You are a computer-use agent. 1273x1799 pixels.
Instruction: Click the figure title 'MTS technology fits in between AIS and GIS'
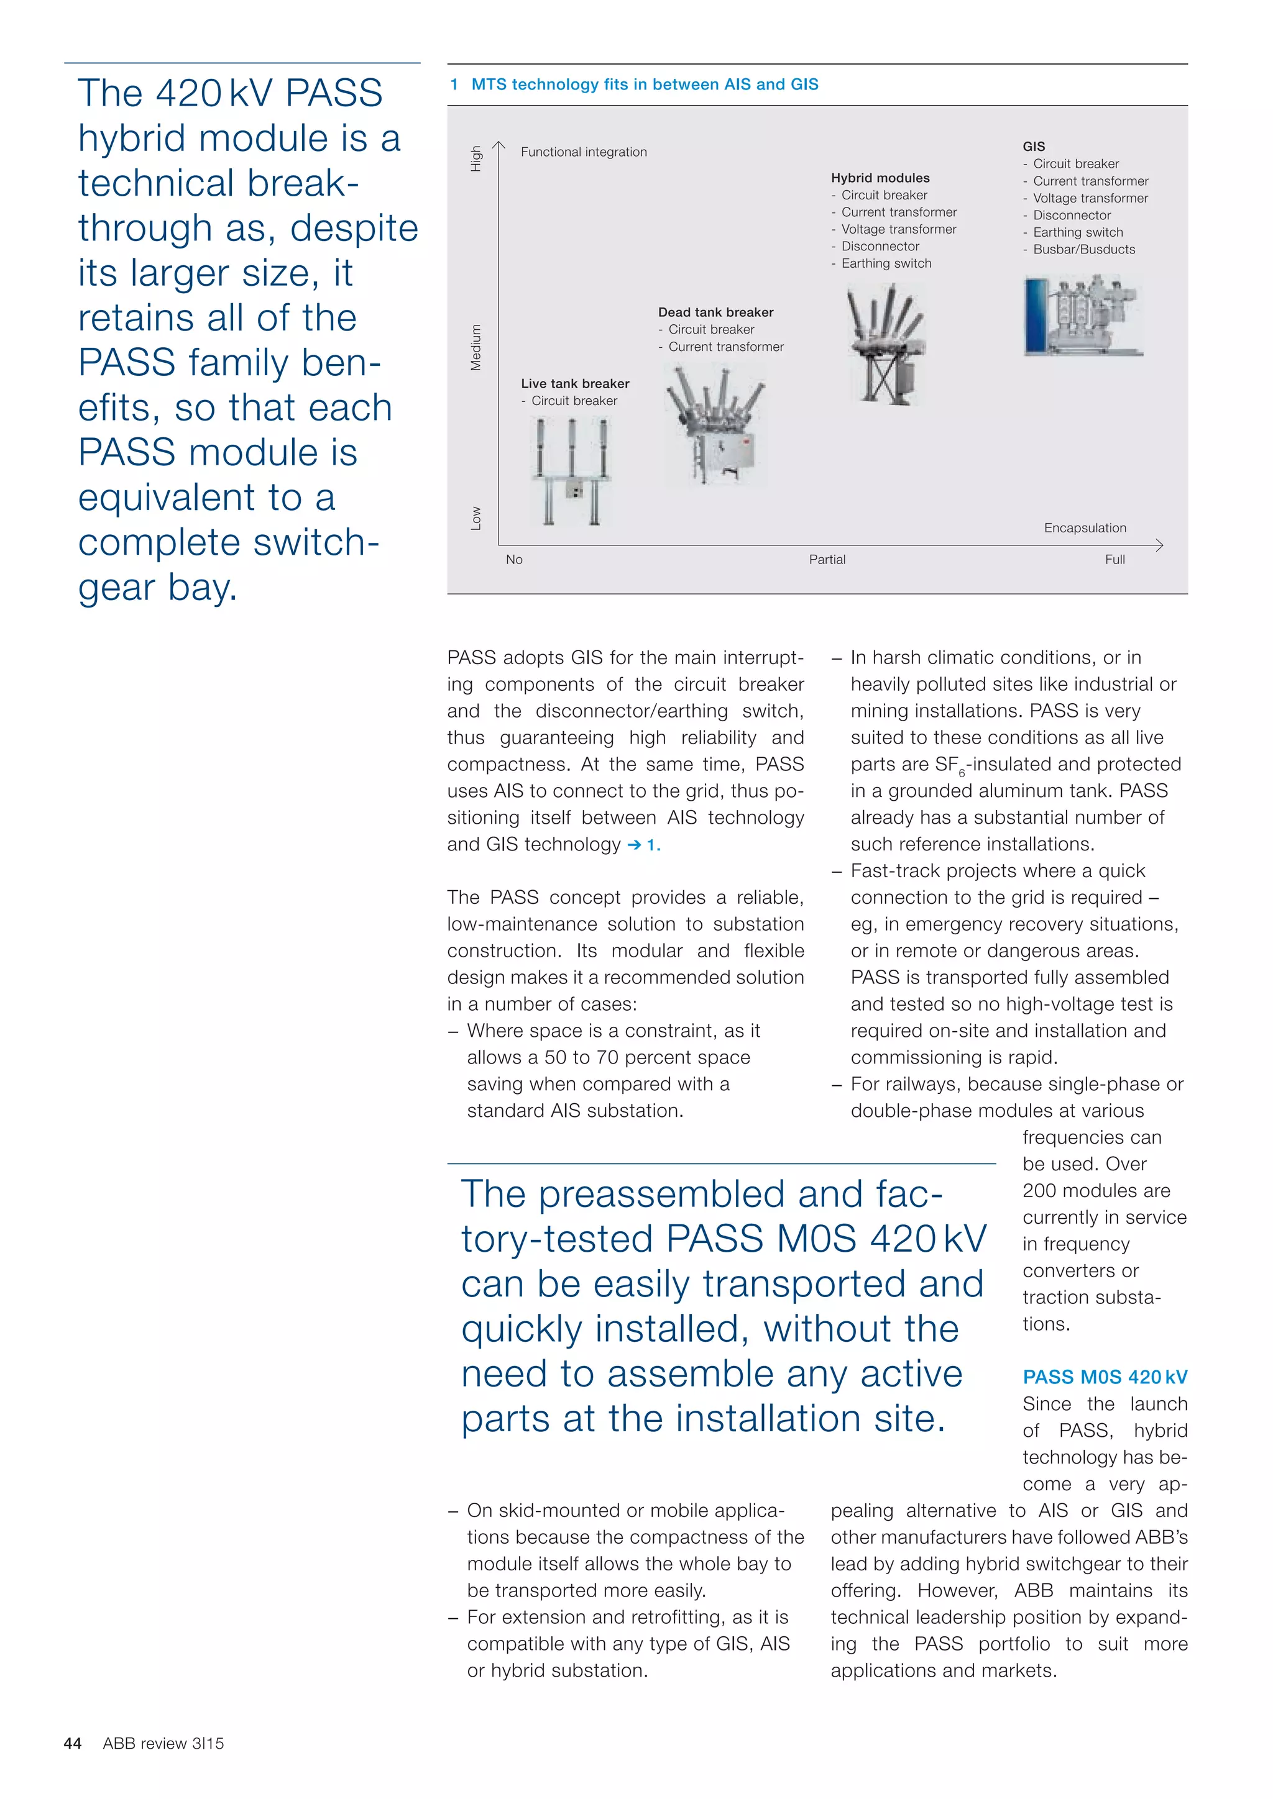pyautogui.click(x=645, y=84)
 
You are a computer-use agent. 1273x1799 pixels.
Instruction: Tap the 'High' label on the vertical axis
pyautogui.click(x=476, y=159)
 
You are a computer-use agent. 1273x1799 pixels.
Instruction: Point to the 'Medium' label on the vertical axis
pyautogui.click(x=476, y=347)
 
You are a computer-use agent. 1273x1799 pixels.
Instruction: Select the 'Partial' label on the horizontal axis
pyautogui.click(x=827, y=560)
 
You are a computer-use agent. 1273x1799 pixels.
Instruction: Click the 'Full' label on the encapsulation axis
pyautogui.click(x=1114, y=560)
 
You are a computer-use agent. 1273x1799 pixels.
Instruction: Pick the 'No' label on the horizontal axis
pyautogui.click(x=514, y=560)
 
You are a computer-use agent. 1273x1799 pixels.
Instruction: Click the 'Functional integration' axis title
pyautogui.click(x=584, y=152)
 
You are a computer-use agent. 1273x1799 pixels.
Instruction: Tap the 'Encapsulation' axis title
pyautogui.click(x=1085, y=528)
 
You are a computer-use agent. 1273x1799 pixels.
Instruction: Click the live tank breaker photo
pyautogui.click(x=571, y=470)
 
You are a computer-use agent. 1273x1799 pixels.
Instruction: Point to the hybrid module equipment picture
pyautogui.click(x=886, y=345)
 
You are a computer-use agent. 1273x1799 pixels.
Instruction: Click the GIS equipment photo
pyautogui.click(x=1083, y=315)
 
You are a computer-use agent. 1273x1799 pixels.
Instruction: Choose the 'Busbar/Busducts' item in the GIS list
pyautogui.click(x=1083, y=249)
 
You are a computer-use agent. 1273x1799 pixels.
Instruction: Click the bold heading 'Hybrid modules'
pyautogui.click(x=880, y=178)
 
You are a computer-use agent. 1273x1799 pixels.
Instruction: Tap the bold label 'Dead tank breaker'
pyautogui.click(x=715, y=312)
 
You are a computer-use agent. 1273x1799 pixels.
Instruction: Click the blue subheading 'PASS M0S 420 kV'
pyautogui.click(x=1105, y=1377)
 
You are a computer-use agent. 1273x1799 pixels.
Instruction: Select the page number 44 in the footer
pyautogui.click(x=73, y=1743)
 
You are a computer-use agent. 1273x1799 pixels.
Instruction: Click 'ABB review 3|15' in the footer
pyautogui.click(x=163, y=1743)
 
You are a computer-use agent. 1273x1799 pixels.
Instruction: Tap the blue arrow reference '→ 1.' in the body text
pyautogui.click(x=643, y=845)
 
